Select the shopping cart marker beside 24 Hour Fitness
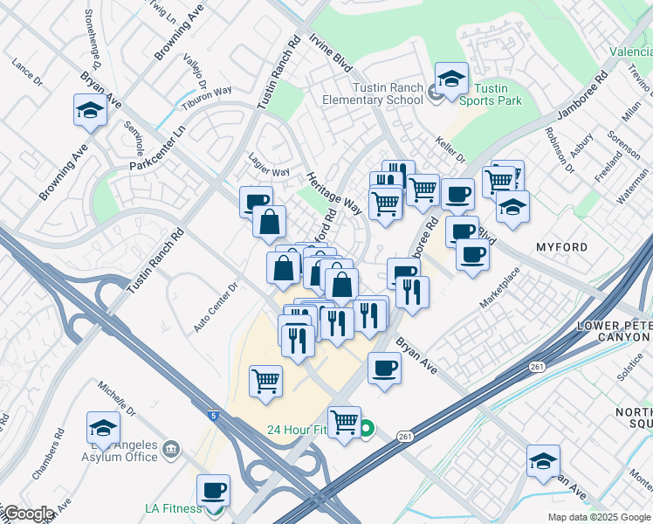pyautogui.click(x=345, y=423)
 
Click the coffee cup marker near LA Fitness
pyautogui.click(x=213, y=491)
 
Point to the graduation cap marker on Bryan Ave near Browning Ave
pyautogui.click(x=89, y=111)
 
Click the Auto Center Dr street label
pyautogui.click(x=216, y=307)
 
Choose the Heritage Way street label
pyautogui.click(x=333, y=192)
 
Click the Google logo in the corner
pyautogui.click(x=28, y=514)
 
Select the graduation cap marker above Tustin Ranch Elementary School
pyautogui.click(x=451, y=79)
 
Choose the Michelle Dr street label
pyautogui.click(x=118, y=398)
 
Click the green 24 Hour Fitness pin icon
pyautogui.click(x=368, y=428)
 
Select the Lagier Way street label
pyautogui.click(x=268, y=172)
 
